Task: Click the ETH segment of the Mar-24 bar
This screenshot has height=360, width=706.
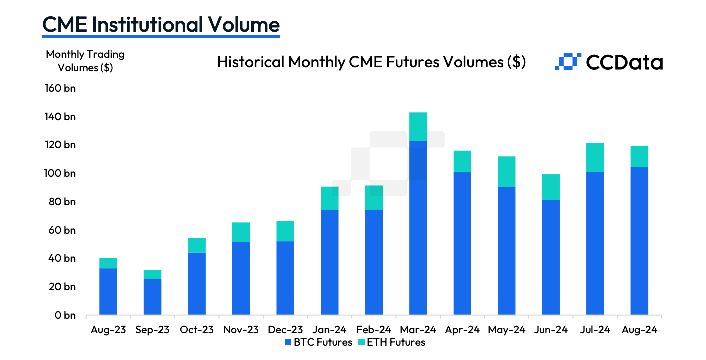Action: (x=418, y=127)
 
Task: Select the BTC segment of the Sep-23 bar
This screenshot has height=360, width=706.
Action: (x=152, y=297)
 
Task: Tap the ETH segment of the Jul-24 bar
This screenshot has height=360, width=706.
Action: (x=595, y=157)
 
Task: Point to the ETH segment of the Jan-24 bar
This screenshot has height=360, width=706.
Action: (x=329, y=198)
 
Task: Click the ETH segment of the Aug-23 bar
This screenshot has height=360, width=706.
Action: (x=108, y=263)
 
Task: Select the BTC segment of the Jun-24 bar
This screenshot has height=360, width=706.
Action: (x=550, y=257)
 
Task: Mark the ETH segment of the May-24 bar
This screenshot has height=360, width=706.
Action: (x=506, y=171)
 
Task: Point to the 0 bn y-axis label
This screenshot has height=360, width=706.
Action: (x=65, y=315)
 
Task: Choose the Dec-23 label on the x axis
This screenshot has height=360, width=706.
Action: (x=285, y=330)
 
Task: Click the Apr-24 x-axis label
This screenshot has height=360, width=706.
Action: (x=462, y=330)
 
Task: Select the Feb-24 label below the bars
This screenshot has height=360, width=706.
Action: (x=373, y=330)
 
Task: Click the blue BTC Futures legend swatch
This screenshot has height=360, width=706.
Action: (x=288, y=342)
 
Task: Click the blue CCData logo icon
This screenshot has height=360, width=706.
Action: (x=567, y=61)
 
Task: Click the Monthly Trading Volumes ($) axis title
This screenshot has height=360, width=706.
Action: (x=85, y=61)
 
